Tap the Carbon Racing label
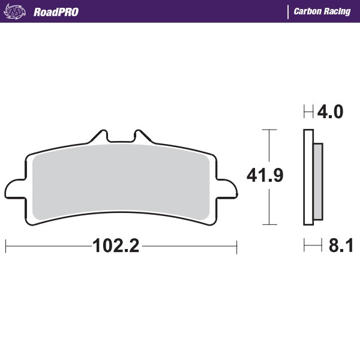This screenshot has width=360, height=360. click(322, 11)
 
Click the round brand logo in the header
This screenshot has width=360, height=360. click(16, 11)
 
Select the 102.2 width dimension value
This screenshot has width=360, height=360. click(116, 246)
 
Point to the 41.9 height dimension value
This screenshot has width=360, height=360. click(265, 175)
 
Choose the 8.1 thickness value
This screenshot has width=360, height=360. click(340, 246)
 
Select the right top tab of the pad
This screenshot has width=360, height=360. click(140, 136)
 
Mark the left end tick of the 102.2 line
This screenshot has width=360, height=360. click(5, 246)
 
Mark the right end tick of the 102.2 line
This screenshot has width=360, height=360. click(237, 246)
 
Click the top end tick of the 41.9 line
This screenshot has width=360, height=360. click(269, 129)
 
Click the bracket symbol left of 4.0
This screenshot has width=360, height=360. click(308, 112)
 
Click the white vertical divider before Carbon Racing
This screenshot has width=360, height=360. click(288, 11)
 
